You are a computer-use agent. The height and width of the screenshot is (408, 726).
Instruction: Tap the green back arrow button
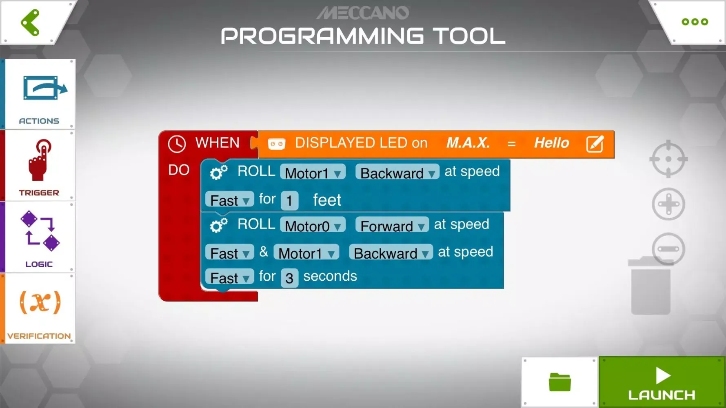point(30,22)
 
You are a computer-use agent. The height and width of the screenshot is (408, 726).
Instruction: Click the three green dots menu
point(695,22)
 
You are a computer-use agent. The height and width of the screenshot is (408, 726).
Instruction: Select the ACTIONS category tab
point(40,94)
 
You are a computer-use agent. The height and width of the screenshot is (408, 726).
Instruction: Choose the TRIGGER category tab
point(40,166)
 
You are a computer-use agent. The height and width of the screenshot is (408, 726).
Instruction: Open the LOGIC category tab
point(40,237)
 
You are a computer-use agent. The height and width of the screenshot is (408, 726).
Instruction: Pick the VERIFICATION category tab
point(40,308)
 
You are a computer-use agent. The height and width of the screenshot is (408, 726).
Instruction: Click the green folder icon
point(559,382)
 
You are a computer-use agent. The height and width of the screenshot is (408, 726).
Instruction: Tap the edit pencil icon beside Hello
point(595,144)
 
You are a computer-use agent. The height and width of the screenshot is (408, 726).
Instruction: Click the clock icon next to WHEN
point(177,144)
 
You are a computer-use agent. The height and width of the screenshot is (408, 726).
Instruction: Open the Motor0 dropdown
point(313,226)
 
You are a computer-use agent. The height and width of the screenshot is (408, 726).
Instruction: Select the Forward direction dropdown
point(392,226)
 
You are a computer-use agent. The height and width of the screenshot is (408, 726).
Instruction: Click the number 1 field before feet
point(289,200)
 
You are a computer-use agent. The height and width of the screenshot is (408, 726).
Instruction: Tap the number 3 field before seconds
point(289,278)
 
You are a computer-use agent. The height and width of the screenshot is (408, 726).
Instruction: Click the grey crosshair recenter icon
point(668,159)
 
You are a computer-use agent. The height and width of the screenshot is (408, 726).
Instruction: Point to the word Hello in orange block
point(551,143)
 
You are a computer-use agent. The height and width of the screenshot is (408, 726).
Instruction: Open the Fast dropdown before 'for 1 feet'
point(229,200)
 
